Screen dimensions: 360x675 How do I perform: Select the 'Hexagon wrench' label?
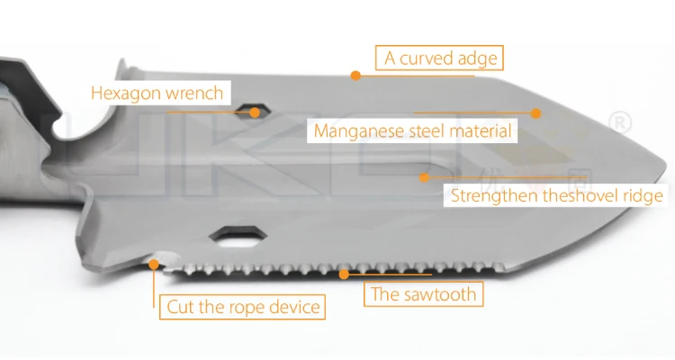click(x=157, y=93)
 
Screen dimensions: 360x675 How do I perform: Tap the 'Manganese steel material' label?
click(x=413, y=131)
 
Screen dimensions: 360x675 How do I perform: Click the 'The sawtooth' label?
click(x=423, y=293)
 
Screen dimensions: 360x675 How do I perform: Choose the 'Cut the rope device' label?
click(x=244, y=307)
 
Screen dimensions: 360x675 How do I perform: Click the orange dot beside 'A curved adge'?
click(x=356, y=76)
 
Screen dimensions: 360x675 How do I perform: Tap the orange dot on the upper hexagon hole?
click(x=256, y=112)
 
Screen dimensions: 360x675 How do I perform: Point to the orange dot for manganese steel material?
click(x=535, y=113)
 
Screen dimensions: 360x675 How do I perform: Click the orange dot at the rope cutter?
click(x=155, y=265)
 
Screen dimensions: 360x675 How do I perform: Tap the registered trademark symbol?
click(x=621, y=122)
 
